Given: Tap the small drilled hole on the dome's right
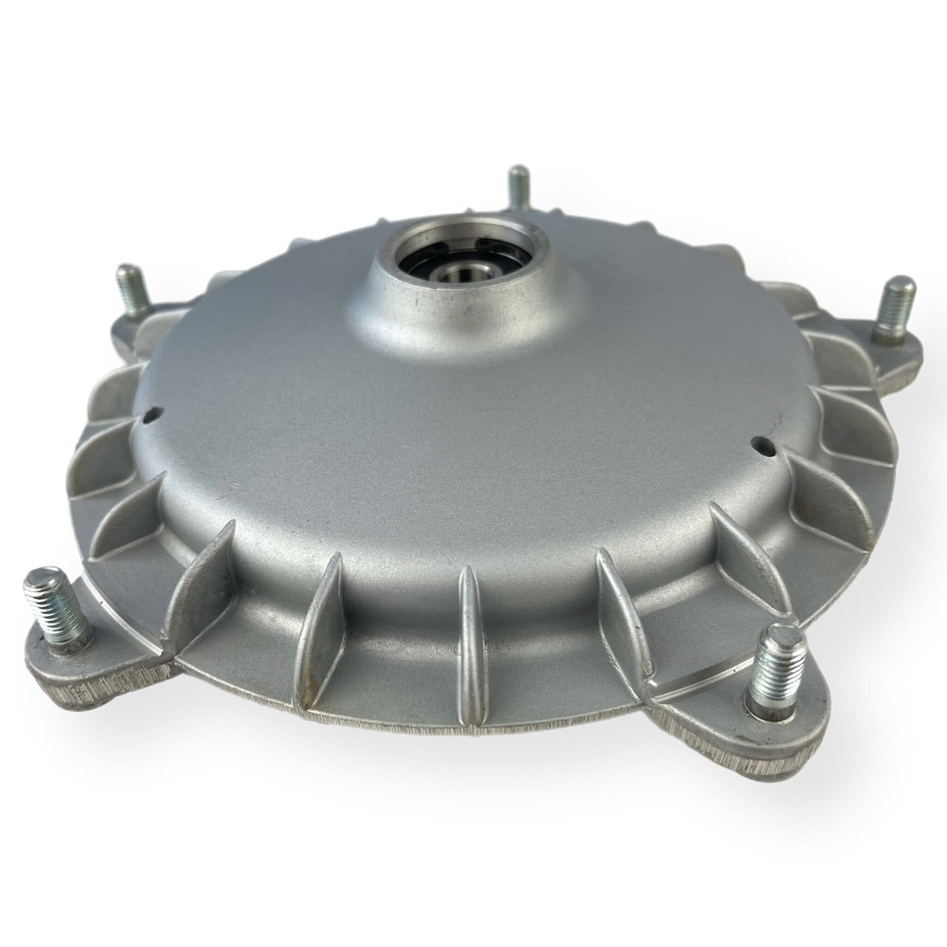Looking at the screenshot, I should tap(761, 443).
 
